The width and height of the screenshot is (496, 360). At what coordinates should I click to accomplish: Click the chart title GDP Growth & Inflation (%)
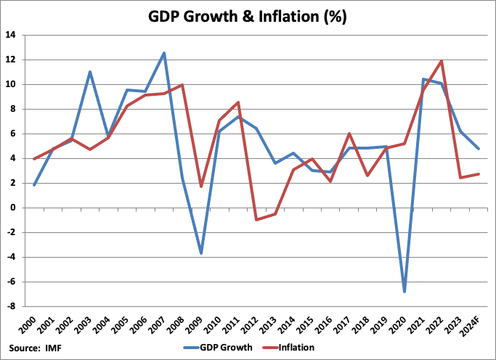tap(247, 17)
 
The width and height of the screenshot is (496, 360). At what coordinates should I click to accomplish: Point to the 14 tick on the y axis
tap(14, 35)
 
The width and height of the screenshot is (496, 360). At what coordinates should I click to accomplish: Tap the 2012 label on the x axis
tap(254, 324)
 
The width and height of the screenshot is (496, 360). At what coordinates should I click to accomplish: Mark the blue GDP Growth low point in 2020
tap(404, 292)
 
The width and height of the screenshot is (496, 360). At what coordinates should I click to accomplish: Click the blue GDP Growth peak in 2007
tap(164, 53)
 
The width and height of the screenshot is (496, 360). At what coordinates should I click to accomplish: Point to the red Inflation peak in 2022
tap(442, 61)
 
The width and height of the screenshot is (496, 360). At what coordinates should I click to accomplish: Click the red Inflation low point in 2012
tap(256, 219)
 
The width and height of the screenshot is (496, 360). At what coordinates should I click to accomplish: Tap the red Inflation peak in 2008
tap(182, 85)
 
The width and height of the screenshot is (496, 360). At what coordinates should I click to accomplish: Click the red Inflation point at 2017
tap(349, 134)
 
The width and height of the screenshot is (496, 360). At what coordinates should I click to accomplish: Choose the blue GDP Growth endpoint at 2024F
tap(478, 149)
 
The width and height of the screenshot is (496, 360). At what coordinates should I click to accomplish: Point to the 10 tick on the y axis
tap(14, 84)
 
